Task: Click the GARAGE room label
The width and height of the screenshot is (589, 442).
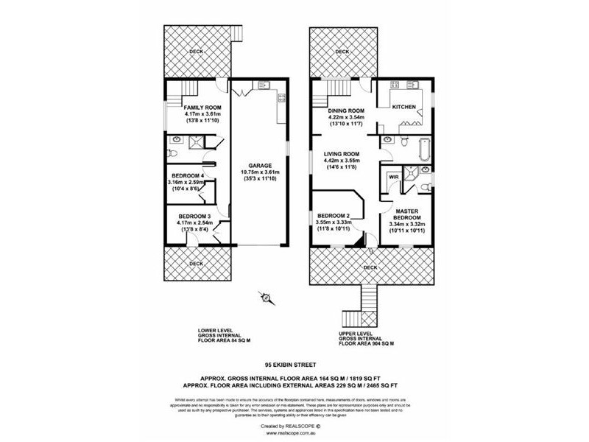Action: pyautogui.click(x=260, y=165)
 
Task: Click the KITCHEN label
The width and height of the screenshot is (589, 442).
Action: pyautogui.click(x=404, y=108)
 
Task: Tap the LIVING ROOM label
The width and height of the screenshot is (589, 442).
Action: pyautogui.click(x=341, y=153)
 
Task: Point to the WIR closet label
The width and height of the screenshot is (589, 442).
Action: pyautogui.click(x=393, y=178)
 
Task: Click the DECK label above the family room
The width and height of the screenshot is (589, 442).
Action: pyautogui.click(x=196, y=52)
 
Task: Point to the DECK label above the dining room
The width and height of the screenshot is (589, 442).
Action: pyautogui.click(x=342, y=52)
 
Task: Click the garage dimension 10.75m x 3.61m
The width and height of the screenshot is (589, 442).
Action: pyautogui.click(x=260, y=172)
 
